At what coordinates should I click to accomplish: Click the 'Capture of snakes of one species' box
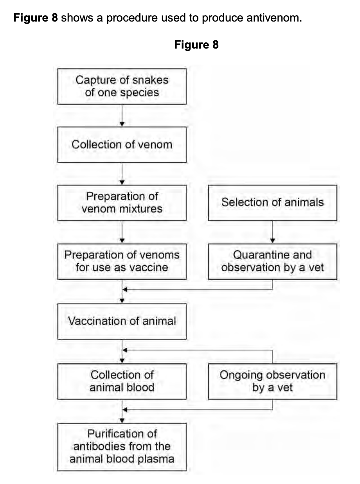point(122,87)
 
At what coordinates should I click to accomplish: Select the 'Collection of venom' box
point(122,144)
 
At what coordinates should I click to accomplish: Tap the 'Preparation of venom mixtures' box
point(122,202)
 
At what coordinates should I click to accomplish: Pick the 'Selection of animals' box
point(272,202)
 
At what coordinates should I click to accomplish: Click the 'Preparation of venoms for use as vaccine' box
point(122,261)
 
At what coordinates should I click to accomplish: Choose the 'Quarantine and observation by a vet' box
point(272,261)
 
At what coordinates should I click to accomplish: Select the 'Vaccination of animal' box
point(122,321)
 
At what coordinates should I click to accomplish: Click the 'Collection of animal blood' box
point(122,381)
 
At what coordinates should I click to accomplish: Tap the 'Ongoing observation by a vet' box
point(272,381)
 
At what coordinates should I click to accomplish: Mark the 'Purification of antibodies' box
point(122,446)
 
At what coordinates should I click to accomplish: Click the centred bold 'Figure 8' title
point(196,45)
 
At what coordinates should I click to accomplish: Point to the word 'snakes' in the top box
point(149,80)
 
